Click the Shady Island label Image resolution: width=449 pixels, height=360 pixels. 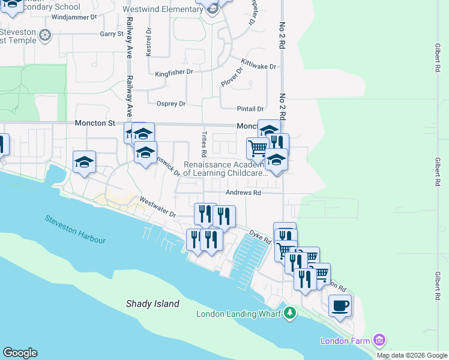152,304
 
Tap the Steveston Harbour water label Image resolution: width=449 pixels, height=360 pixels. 75,229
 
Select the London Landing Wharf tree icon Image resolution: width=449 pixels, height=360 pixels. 290,313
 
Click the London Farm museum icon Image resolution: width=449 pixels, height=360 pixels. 379,341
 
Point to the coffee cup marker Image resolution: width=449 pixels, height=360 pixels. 340,305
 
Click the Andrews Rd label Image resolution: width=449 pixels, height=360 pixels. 244,193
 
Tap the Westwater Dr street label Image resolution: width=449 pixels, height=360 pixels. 157,207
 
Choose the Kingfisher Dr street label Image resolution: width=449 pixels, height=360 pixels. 174,73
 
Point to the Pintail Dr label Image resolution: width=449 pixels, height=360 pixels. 251,109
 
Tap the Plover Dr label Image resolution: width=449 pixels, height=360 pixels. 232,77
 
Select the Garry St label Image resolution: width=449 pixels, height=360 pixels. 112,34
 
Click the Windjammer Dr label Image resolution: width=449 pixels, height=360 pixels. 74,17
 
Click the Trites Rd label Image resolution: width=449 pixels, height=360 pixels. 204,142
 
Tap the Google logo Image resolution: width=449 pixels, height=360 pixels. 20,353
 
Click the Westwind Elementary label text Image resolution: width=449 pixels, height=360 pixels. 162,10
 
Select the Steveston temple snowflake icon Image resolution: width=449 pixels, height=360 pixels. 44,36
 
